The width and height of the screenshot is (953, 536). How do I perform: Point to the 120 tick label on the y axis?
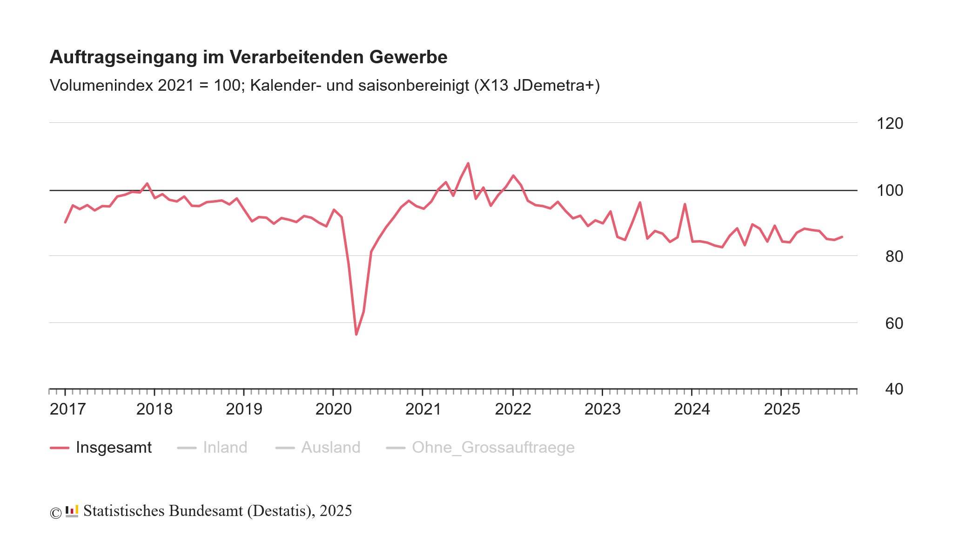(x=889, y=123)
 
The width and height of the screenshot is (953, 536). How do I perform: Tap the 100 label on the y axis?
(x=889, y=190)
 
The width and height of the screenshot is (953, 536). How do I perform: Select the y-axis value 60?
(x=893, y=323)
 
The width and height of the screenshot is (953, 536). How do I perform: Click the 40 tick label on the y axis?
(x=893, y=389)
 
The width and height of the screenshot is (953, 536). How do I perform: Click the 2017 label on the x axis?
(x=67, y=409)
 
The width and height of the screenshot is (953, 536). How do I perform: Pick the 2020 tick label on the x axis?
(x=333, y=409)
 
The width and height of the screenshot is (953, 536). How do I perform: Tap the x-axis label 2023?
(x=602, y=409)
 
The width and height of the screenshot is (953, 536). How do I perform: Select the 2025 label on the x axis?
(x=782, y=409)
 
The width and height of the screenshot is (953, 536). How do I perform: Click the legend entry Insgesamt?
(x=113, y=448)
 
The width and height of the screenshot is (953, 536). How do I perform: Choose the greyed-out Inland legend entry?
(x=225, y=448)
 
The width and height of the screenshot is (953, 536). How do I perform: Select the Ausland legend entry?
(x=330, y=448)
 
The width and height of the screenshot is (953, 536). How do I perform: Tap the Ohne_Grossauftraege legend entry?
(x=493, y=448)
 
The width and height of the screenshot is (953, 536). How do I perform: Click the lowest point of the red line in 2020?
(x=356, y=334)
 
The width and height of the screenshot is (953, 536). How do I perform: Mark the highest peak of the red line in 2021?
(x=468, y=163)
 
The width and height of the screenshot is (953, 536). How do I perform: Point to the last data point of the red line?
(x=842, y=237)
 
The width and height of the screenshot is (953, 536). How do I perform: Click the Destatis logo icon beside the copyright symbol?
(x=72, y=511)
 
